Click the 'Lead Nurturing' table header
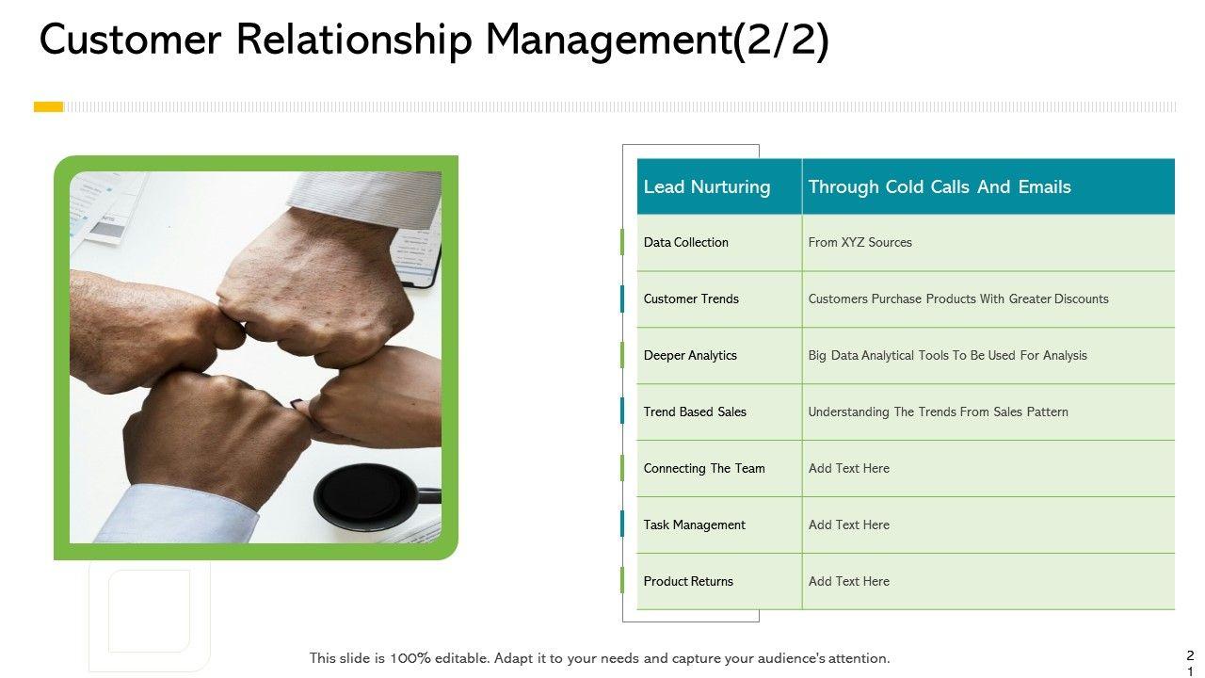706,186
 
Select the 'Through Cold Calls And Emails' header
939,186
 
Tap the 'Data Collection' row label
685,242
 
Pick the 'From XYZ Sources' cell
860,242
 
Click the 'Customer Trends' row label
691,299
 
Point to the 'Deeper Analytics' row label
690,355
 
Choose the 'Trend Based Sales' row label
695,412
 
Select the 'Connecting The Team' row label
704,468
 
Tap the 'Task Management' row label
694,525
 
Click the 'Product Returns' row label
688,581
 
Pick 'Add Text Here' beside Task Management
848,525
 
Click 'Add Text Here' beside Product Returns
848,581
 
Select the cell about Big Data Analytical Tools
947,355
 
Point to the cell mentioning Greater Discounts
957,299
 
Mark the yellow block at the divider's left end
48,106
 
